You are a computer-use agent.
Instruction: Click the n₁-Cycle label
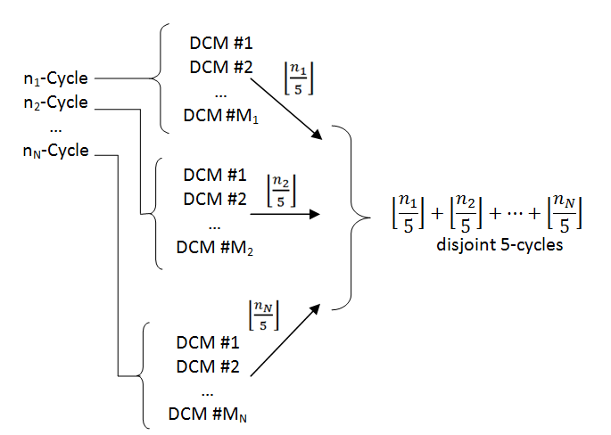point(55,80)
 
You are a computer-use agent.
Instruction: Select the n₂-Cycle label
point(55,103)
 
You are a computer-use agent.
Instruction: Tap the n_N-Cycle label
point(55,150)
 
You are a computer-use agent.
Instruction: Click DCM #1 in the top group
point(220,43)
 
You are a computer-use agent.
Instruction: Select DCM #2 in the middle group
point(213,198)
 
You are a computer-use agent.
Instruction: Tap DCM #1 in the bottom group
point(207,342)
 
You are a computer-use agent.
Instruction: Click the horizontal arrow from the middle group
point(285,215)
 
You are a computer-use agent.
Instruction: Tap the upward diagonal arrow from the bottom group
point(282,338)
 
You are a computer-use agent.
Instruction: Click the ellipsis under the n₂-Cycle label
point(55,127)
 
